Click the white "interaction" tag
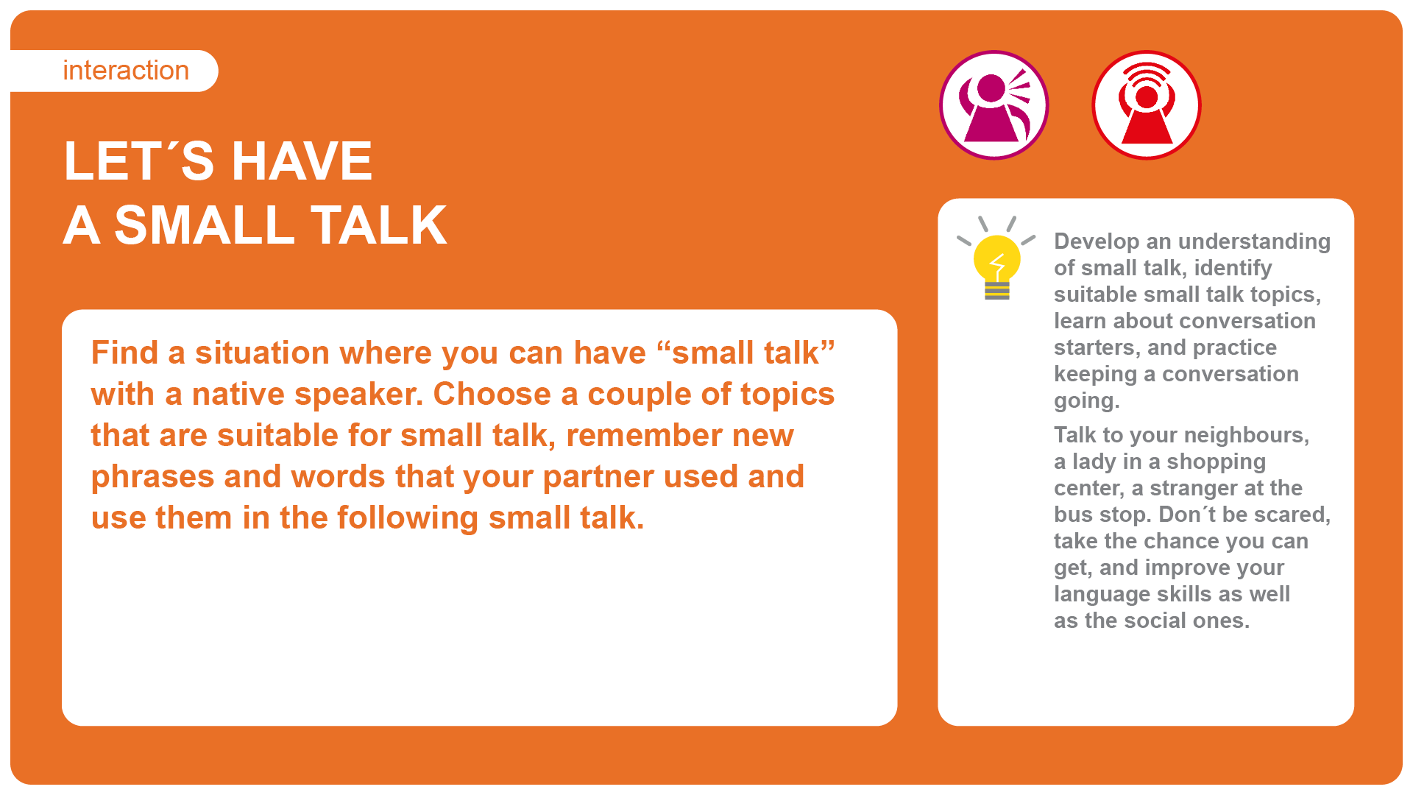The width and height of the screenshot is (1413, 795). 114,71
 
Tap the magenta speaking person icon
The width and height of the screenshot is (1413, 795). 994,105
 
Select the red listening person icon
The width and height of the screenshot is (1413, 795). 1147,105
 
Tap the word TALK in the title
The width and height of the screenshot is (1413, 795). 378,225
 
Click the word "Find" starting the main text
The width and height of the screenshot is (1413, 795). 124,353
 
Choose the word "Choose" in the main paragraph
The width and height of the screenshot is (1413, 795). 492,395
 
